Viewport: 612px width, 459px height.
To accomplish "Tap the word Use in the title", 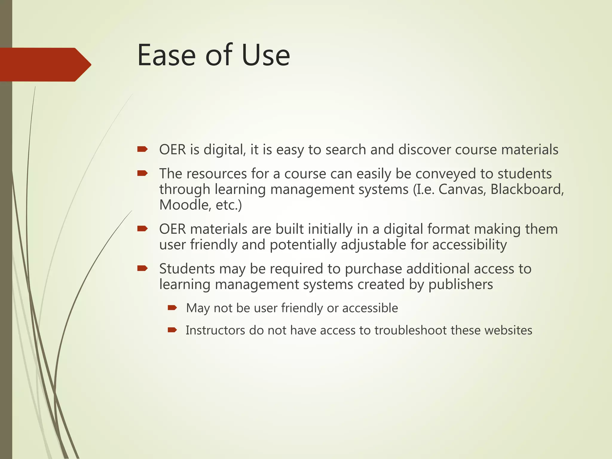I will click(266, 55).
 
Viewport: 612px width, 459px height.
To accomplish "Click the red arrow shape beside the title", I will click(45, 65).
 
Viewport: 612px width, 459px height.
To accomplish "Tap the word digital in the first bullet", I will click(224, 150).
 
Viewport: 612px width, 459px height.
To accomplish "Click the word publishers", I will click(460, 284).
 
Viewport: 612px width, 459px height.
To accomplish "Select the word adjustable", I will click(373, 245).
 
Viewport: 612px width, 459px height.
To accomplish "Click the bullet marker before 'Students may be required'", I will click(142, 268).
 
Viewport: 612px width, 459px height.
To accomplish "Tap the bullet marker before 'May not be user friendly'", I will click(172, 308).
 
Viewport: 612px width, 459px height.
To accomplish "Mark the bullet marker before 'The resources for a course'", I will click(142, 173).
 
